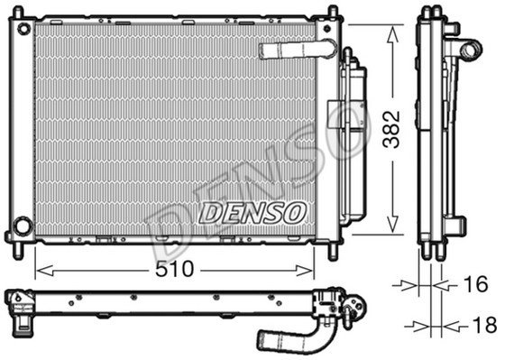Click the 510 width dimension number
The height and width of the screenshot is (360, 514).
[174, 270]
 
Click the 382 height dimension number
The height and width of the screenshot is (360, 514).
[392, 130]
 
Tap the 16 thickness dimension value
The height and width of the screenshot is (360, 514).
[475, 284]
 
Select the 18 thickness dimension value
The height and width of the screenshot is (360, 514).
[484, 325]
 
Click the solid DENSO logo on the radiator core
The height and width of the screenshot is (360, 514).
[252, 213]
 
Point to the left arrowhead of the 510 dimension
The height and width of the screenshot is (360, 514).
[44, 271]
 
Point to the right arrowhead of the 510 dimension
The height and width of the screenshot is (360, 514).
[305, 271]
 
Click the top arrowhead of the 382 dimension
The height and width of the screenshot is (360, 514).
[392, 34]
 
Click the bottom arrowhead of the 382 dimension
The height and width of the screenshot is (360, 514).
[392, 225]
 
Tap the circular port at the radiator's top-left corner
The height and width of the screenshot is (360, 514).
[23, 29]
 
